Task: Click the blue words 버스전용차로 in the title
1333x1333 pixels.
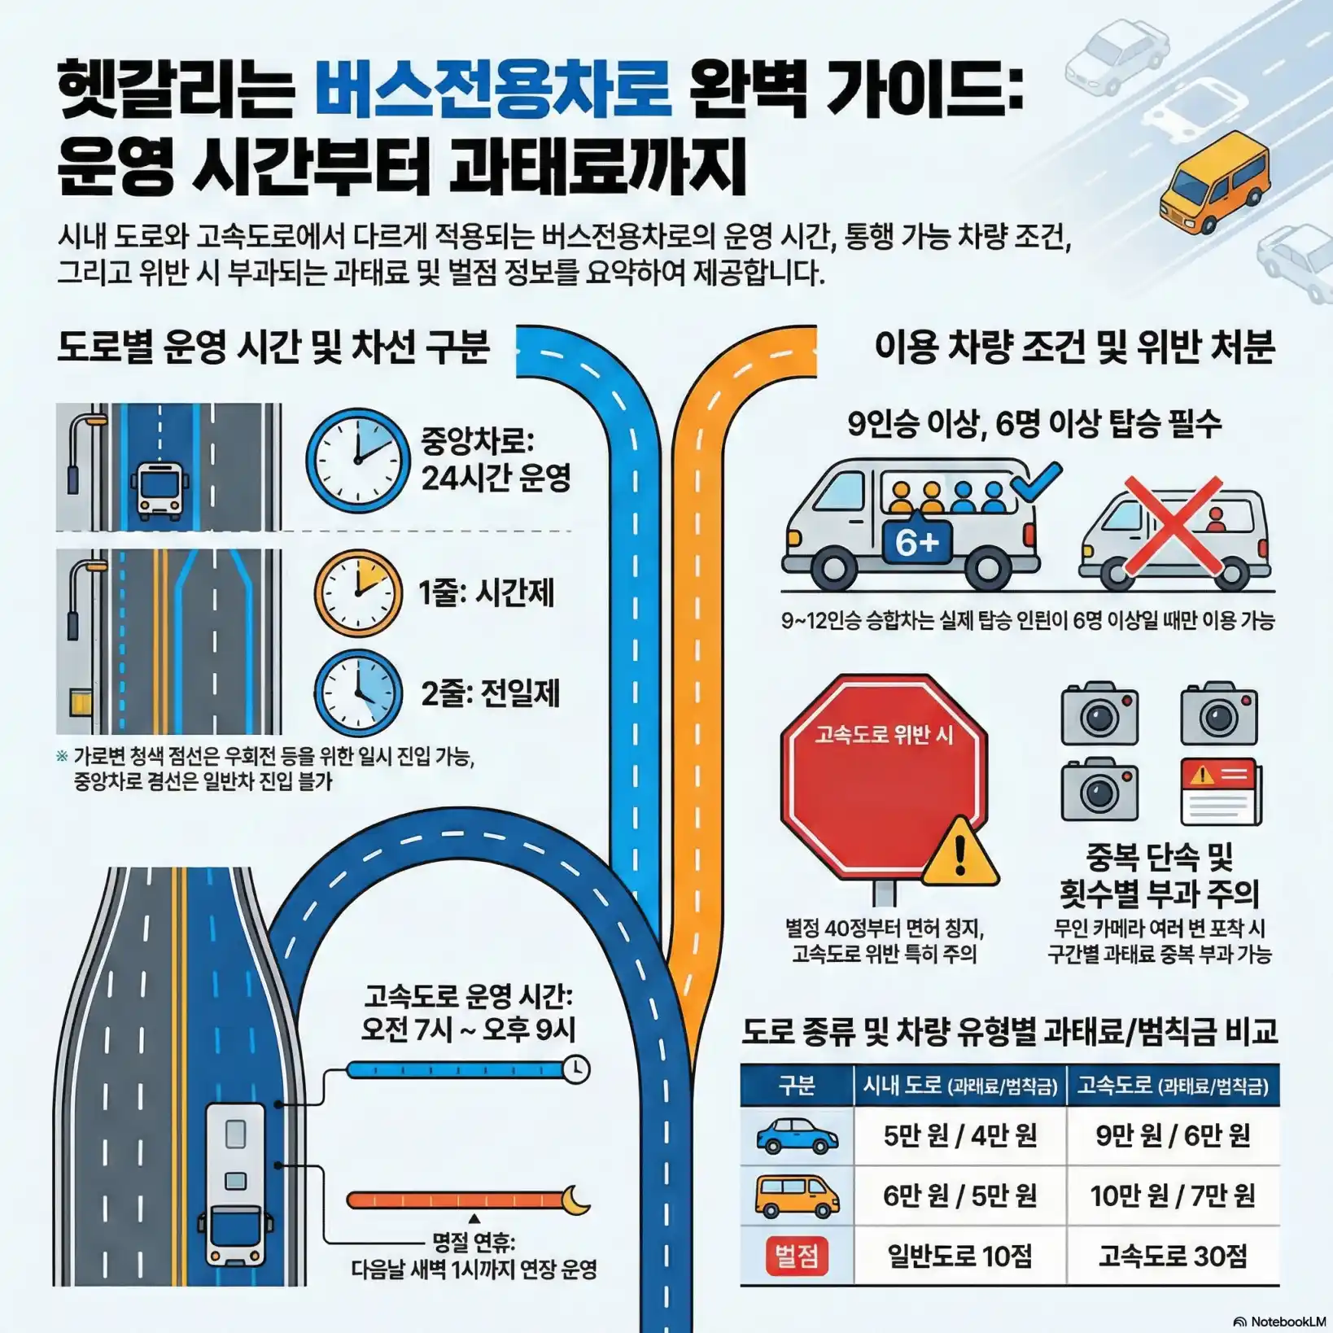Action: point(493,87)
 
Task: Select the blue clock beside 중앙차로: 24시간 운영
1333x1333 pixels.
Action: point(357,461)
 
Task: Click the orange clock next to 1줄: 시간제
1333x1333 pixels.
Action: point(358,593)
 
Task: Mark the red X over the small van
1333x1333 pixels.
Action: point(1172,526)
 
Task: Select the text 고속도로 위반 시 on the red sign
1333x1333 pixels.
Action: point(884,735)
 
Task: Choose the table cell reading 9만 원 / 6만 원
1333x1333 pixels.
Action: point(1173,1135)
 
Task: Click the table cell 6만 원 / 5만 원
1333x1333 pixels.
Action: point(960,1195)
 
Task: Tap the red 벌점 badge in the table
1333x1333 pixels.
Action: point(797,1256)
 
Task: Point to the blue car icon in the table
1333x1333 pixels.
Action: point(797,1136)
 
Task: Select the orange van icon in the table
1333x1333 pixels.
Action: point(797,1196)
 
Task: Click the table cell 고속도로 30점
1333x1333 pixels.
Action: point(1173,1256)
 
